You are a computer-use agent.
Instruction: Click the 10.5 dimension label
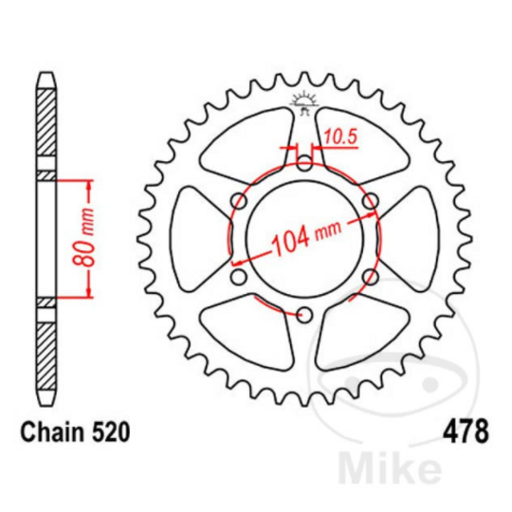tap(340, 137)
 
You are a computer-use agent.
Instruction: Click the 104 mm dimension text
tap(306, 234)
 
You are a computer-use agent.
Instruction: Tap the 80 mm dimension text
tap(83, 236)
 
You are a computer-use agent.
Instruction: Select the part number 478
tap(466, 431)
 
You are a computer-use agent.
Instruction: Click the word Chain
tap(52, 432)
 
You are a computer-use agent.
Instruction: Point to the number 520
tap(109, 432)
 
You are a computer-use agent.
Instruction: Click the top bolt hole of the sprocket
tap(305, 163)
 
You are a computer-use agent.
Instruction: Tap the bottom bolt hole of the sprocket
tap(304, 315)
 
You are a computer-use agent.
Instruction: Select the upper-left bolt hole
tap(239, 201)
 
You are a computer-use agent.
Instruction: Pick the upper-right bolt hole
tap(371, 201)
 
